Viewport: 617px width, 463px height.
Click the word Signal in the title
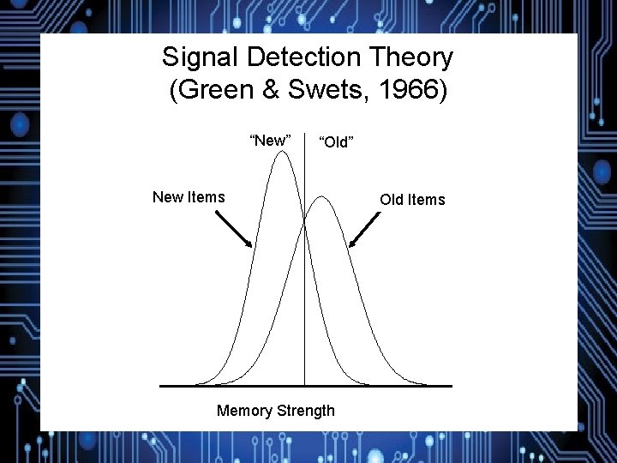tap(201, 58)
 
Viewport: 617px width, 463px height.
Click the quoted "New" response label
tap(269, 140)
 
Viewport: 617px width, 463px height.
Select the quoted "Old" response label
tap(336, 141)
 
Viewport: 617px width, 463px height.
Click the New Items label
tap(189, 197)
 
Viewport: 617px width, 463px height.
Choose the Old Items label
tap(413, 200)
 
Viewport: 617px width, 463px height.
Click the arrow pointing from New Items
tap(232, 228)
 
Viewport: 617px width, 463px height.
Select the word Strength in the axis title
tap(305, 411)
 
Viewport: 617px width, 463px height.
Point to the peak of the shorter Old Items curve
tap(321, 197)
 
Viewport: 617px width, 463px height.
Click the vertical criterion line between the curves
tap(304, 300)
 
